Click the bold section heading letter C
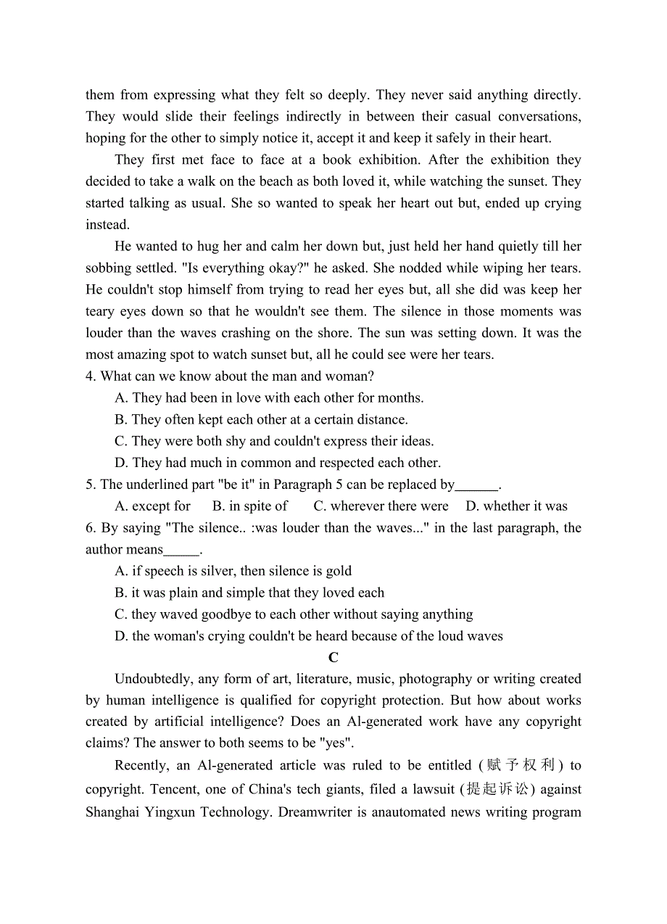click(333, 658)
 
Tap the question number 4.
click(90, 376)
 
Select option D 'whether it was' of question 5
click(516, 506)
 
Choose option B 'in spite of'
click(250, 506)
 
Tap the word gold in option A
click(338, 572)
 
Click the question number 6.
click(90, 528)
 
